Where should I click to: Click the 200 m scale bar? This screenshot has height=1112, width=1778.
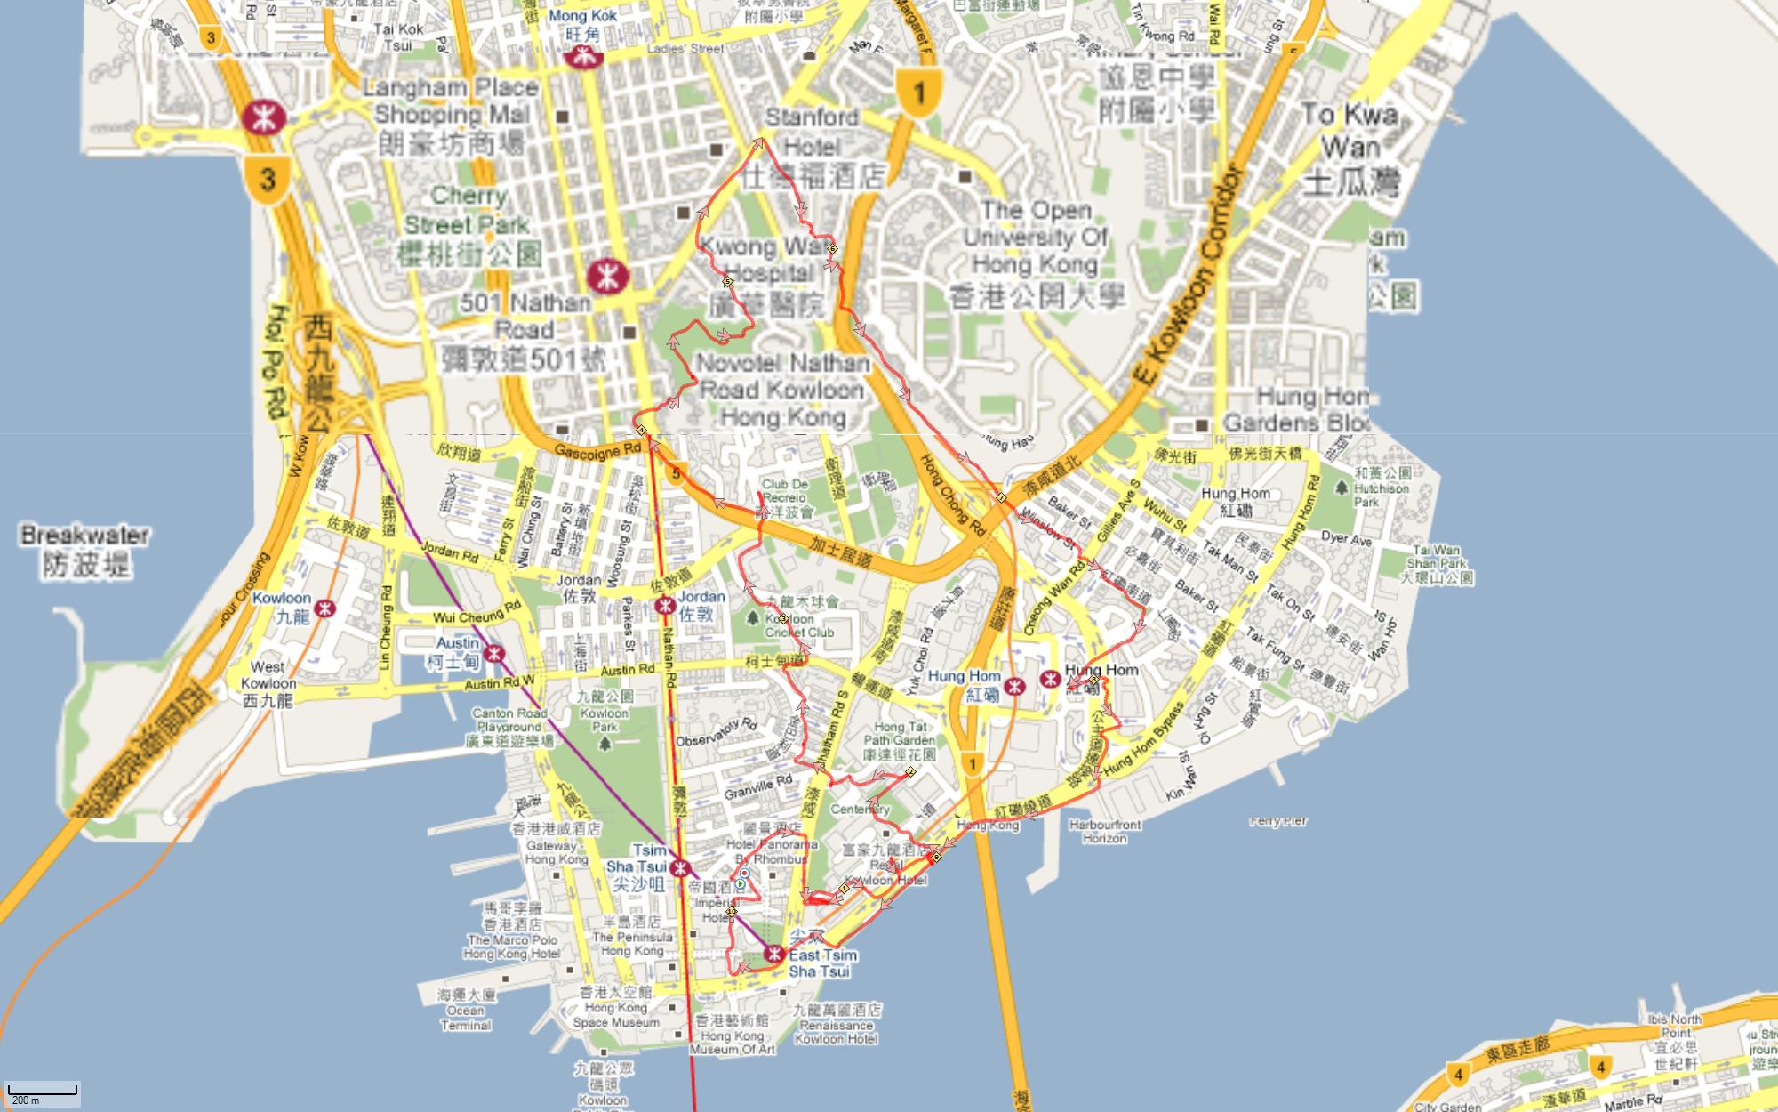[43, 1093]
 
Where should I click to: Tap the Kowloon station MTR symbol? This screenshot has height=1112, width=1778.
[326, 608]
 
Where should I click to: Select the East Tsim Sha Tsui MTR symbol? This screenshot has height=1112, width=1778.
[773, 955]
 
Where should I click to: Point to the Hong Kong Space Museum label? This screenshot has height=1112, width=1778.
[616, 1015]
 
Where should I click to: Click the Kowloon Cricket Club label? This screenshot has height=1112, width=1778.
[798, 624]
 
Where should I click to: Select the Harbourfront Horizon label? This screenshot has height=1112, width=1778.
[1104, 831]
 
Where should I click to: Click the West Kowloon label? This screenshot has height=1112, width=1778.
[268, 682]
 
